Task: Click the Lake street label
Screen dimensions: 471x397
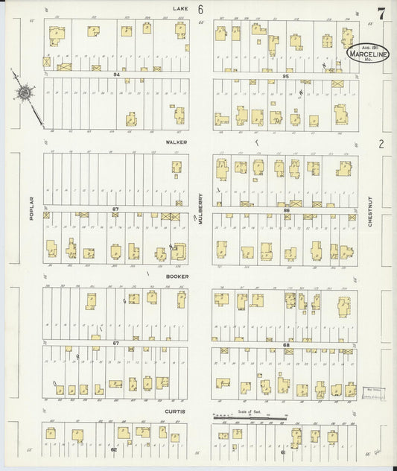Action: coord(180,8)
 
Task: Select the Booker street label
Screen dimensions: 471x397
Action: coord(177,276)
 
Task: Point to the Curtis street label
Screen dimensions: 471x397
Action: coord(175,411)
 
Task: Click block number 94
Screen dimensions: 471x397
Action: coord(116,75)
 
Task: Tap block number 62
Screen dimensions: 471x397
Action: coord(114,449)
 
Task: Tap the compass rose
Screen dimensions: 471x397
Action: coord(25,93)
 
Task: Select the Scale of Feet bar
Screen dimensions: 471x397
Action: coord(249,418)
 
